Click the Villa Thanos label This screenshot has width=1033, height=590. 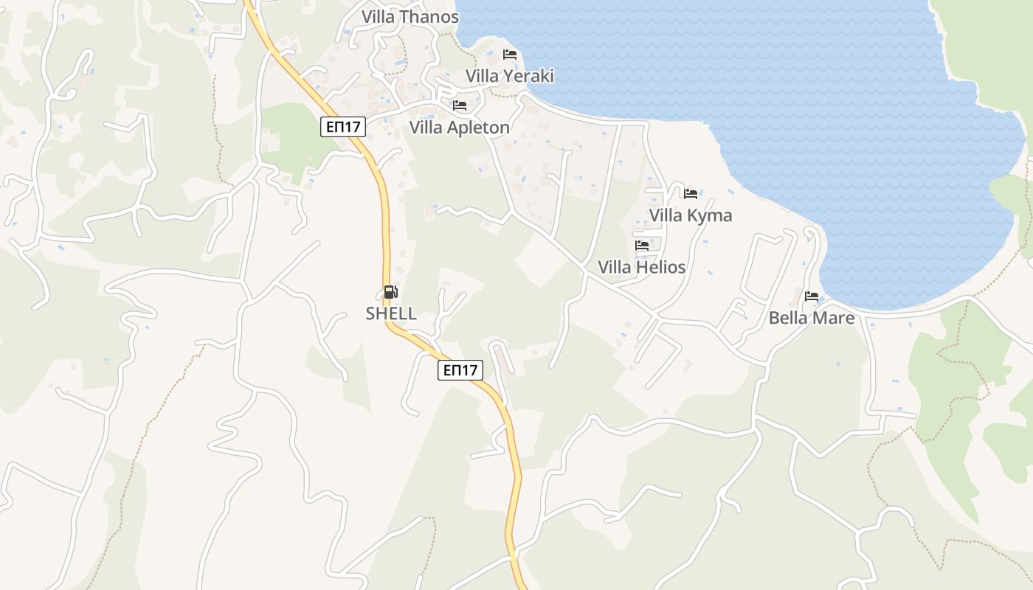(410, 16)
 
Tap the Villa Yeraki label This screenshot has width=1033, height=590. (509, 76)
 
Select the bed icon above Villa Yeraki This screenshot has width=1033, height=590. (509, 54)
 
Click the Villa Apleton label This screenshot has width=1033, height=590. (459, 128)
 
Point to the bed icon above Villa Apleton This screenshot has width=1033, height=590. (459, 105)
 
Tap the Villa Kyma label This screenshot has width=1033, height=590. (690, 215)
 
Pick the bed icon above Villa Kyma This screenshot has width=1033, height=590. (690, 193)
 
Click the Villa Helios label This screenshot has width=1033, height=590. (641, 267)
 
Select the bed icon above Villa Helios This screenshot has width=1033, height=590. (641, 245)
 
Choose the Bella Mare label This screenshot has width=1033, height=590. (811, 318)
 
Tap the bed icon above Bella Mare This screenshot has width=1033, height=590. (811, 296)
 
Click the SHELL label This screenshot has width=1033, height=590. (391, 313)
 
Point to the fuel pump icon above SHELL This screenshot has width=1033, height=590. (390, 292)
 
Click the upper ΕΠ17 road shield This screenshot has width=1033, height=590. (344, 127)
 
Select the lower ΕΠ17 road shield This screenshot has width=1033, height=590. (460, 370)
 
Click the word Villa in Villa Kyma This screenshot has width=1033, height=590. (666, 215)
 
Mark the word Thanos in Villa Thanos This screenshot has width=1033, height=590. (430, 16)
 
